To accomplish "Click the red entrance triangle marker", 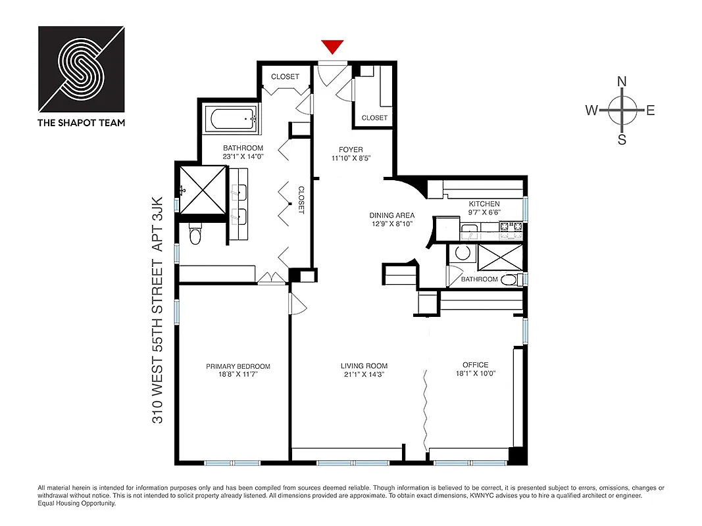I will click(332, 47).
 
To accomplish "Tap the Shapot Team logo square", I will click(81, 69).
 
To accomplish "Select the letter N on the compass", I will click(621, 82).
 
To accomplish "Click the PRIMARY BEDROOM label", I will click(238, 366).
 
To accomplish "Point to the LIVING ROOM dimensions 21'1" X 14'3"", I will click(364, 374).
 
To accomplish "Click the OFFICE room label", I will click(475, 365).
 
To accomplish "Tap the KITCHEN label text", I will click(484, 204).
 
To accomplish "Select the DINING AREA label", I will click(391, 215).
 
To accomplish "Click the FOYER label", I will click(347, 149).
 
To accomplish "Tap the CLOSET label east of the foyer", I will click(374, 118).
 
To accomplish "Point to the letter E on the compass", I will click(650, 110).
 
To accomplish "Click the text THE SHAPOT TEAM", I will click(82, 122).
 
